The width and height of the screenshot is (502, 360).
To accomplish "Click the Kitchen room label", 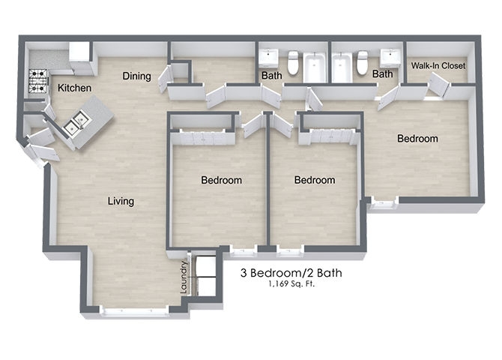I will point(75,88).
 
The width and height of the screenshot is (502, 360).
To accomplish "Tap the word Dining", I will point(137,76).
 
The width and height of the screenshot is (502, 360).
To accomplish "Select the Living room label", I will point(120,201).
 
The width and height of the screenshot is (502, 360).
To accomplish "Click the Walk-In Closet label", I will point(438,66).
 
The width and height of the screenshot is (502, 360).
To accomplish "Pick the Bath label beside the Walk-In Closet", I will point(382,74).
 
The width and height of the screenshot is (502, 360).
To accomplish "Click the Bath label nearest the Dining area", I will point(271,76).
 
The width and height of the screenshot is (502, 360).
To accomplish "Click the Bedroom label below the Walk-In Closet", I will point(417,139).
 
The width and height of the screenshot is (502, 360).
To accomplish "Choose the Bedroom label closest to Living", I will point(221,180).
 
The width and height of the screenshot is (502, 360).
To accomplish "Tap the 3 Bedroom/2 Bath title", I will point(290,273).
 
